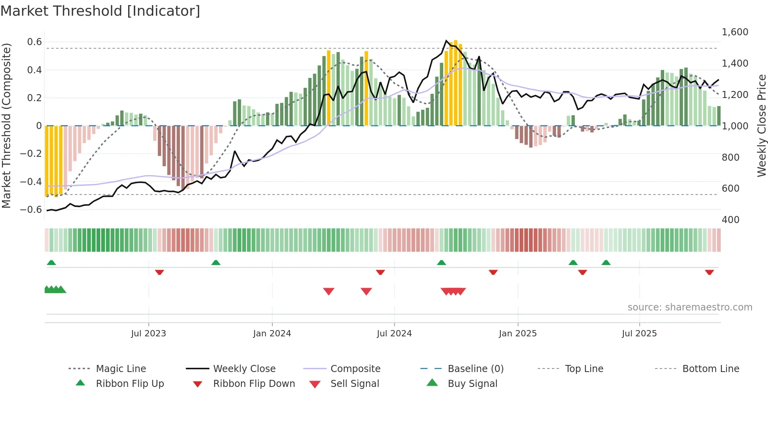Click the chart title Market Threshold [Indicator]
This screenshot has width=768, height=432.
point(100,11)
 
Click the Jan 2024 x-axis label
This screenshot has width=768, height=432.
point(272,333)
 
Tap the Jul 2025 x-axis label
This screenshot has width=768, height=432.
point(639,333)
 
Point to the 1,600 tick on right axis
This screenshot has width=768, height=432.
point(735,32)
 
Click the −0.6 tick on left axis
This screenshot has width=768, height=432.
point(31,209)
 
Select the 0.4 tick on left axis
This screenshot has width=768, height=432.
point(34,70)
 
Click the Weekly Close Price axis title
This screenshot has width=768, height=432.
point(761,125)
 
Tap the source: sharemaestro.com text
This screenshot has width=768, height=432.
point(690,307)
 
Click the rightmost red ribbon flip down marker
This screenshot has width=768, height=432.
point(709,272)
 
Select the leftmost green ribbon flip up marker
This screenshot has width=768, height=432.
point(51,262)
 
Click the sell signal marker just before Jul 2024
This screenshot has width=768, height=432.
point(366,291)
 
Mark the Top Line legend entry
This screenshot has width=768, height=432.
point(584,368)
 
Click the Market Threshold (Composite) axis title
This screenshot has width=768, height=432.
point(6,125)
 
